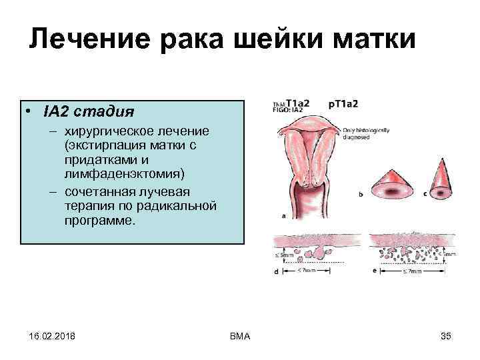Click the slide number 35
pyautogui.click(x=446, y=336)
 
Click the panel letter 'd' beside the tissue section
pyautogui.click(x=276, y=272)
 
